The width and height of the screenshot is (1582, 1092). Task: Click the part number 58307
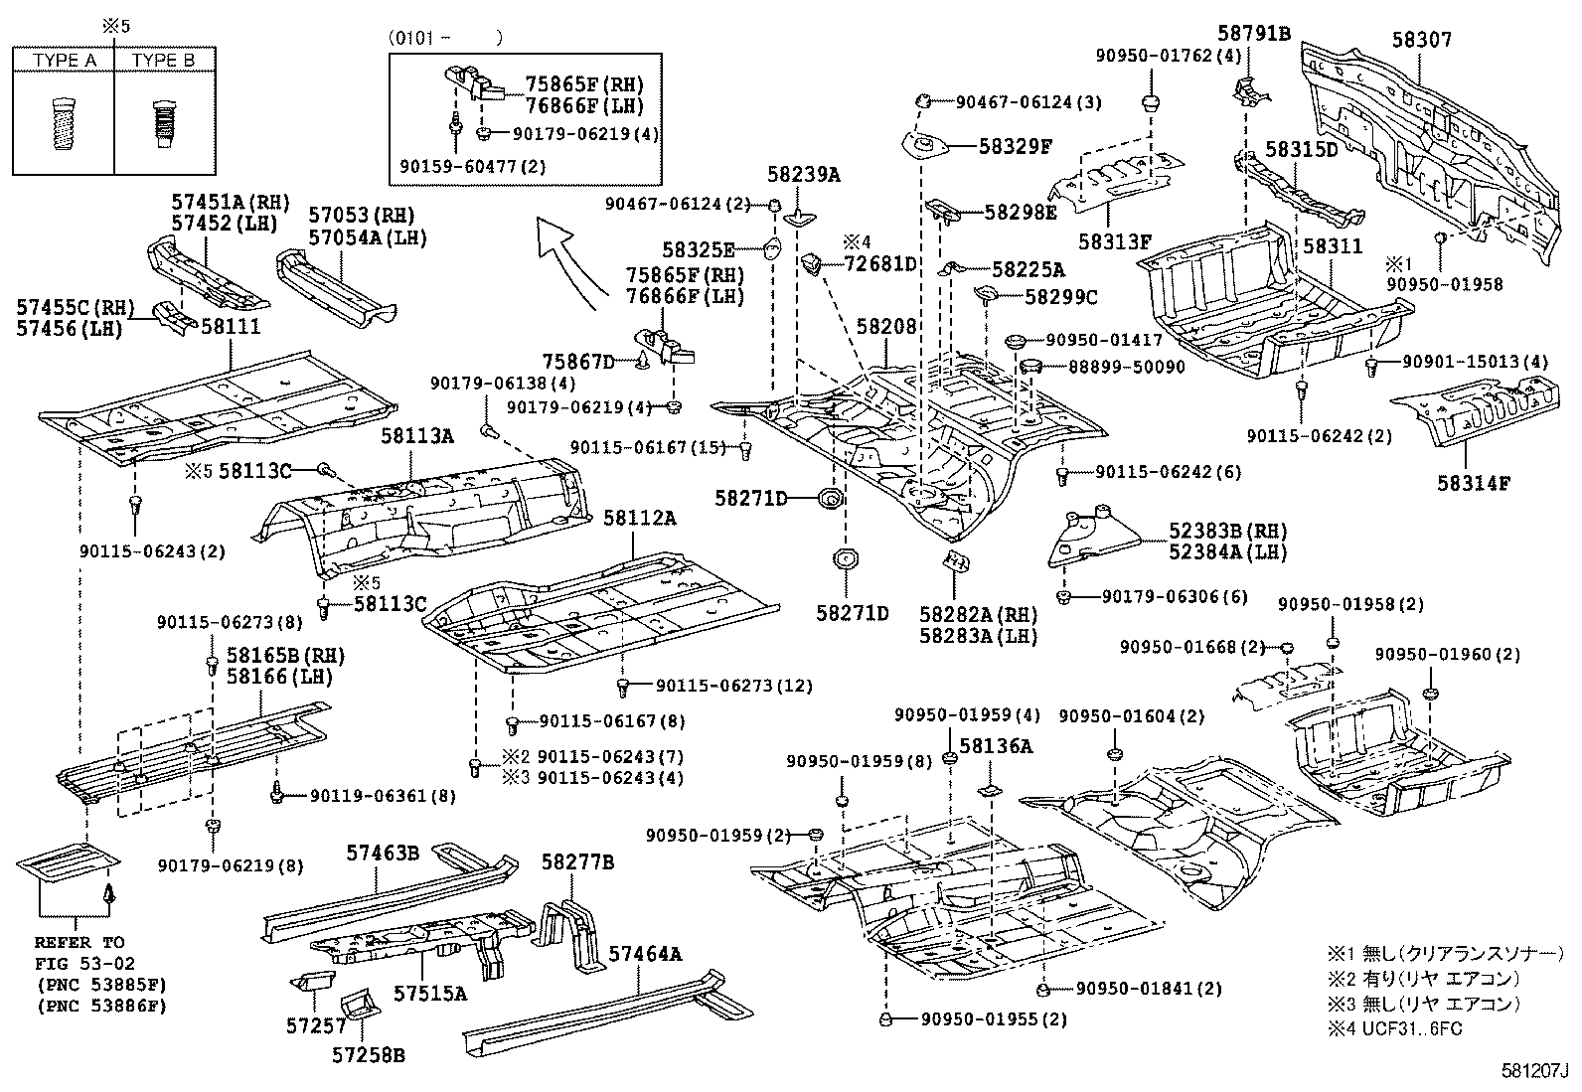[1421, 40]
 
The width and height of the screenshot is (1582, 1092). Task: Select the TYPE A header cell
[65, 61]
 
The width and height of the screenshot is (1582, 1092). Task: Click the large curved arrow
[568, 260]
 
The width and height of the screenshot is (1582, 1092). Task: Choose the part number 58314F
[1473, 484]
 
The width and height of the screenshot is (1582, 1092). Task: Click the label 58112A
[639, 518]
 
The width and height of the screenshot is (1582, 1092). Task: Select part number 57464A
[645, 954]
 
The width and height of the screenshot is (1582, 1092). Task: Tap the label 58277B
[577, 862]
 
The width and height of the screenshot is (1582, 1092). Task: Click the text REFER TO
[79, 942]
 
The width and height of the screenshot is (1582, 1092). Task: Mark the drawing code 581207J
[1533, 1072]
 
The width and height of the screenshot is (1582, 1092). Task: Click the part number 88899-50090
[1126, 367]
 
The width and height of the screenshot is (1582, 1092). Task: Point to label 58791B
[1254, 34]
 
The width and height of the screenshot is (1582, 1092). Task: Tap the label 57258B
[368, 1055]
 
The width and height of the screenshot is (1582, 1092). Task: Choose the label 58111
[231, 326]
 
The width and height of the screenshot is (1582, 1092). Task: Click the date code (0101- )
[446, 38]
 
